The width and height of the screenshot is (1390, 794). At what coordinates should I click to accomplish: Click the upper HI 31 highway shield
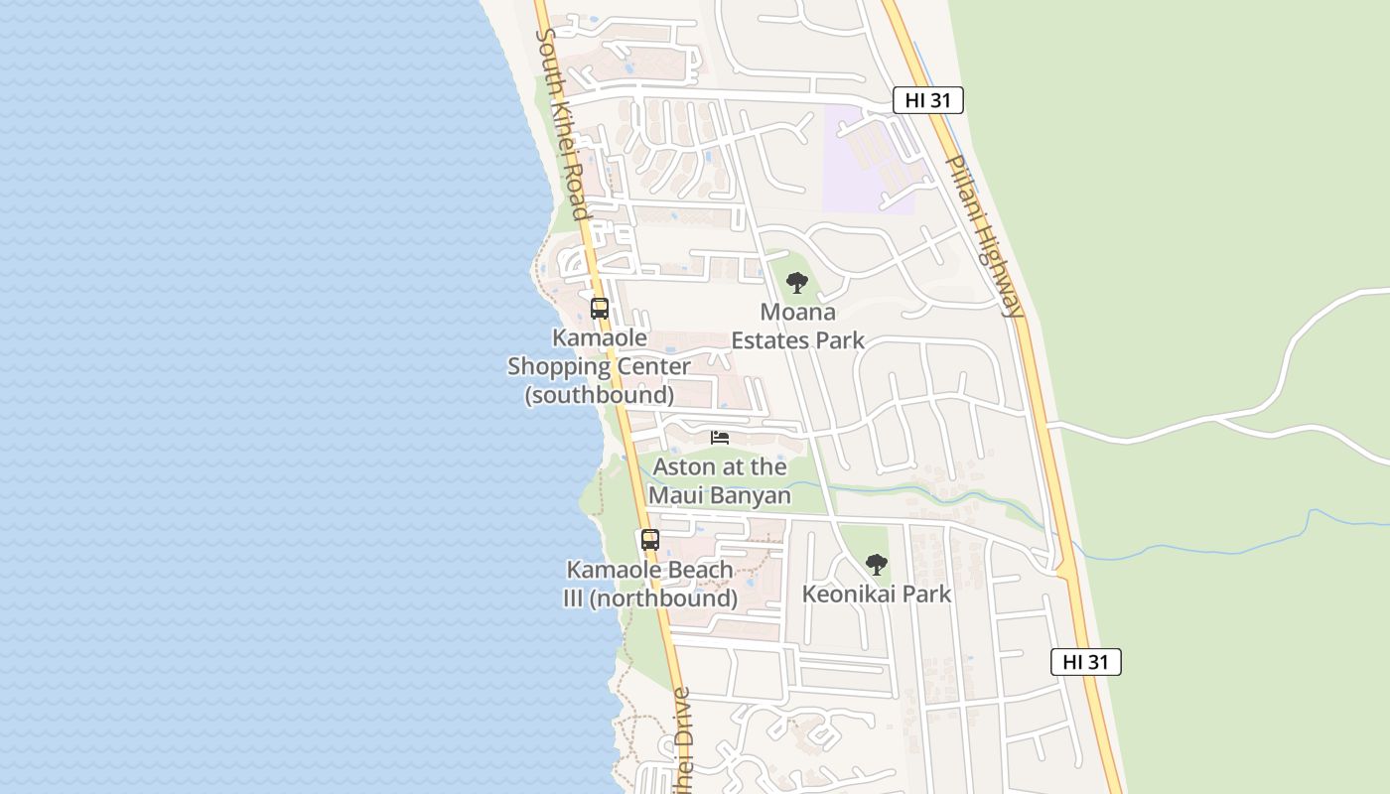927,100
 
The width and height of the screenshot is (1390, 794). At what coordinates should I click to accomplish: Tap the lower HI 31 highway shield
1085,662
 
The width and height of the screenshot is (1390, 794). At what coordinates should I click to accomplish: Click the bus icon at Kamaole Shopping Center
600,309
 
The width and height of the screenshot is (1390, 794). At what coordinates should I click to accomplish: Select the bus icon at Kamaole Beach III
650,540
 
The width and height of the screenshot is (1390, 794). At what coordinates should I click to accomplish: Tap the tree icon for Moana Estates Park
796,283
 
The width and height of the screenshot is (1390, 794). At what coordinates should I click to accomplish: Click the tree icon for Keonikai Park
876,565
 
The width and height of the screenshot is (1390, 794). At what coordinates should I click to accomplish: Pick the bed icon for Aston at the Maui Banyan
720,437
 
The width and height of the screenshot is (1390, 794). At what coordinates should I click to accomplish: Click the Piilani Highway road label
982,235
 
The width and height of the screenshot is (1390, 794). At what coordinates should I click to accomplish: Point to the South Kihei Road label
564,124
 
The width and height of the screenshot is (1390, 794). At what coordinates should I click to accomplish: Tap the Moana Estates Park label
797,327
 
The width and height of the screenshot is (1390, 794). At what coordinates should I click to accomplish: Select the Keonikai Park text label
877,595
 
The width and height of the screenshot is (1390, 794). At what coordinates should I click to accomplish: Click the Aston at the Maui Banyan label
720,481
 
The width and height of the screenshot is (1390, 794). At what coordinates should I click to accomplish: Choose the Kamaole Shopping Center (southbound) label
600,366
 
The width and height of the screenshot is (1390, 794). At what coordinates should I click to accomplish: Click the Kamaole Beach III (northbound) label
650,585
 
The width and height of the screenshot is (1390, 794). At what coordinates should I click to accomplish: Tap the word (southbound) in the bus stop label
600,395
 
